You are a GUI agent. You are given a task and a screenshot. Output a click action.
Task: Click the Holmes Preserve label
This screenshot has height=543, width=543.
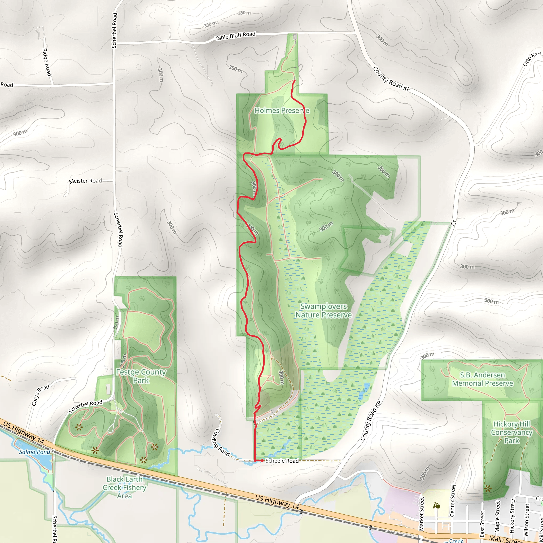point(282,111)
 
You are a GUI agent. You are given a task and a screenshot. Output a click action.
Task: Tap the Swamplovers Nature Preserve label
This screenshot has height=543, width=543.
point(323,310)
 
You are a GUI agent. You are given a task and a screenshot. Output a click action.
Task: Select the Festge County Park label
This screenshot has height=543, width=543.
point(141,376)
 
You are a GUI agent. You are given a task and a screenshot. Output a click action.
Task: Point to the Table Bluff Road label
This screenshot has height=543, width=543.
point(235,36)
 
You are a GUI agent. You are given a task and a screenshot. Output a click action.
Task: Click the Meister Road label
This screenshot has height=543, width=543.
point(85,181)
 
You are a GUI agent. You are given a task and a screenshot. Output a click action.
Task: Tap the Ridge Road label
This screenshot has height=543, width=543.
point(47,62)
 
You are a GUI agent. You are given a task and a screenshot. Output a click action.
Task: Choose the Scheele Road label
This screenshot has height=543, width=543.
point(282,461)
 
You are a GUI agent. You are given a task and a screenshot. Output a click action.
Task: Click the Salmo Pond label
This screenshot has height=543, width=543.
point(34,452)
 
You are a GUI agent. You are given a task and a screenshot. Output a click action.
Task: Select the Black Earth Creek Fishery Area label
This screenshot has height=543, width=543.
point(125,487)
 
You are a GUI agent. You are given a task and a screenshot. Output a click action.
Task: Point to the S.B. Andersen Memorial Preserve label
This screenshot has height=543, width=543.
point(482,379)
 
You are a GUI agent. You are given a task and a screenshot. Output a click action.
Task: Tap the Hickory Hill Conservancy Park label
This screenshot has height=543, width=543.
point(511,432)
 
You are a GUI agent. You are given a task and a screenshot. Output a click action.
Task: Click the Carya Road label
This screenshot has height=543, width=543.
point(41,395)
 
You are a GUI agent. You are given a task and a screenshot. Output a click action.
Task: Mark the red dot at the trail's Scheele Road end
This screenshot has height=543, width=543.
point(262,461)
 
